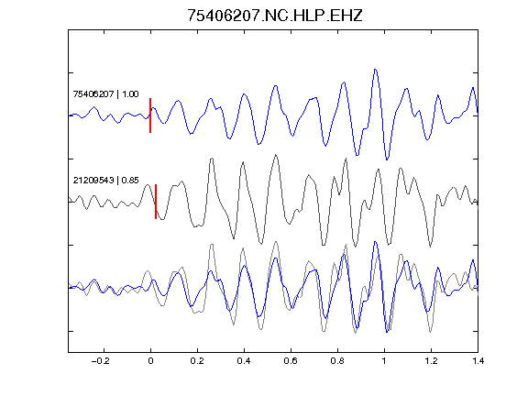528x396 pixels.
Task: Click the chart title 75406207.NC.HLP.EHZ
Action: click(275, 16)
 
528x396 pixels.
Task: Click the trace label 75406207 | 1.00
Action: click(105, 93)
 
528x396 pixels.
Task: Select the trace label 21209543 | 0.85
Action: click(105, 181)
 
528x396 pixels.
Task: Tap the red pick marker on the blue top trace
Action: click(150, 115)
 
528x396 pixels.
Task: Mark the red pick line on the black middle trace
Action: click(156, 202)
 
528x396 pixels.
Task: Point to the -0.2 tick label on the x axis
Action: click(101, 361)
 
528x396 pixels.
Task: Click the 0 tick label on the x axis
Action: click(150, 361)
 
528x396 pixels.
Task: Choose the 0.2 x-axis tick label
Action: click(197, 361)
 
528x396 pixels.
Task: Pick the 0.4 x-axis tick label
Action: click(244, 361)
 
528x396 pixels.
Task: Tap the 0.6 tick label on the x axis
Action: click(291, 361)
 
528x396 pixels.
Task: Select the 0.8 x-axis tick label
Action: click(337, 361)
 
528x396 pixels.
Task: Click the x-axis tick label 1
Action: click(384, 361)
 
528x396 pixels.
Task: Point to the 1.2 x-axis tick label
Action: click(431, 361)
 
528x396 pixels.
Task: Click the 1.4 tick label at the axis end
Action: click(478, 361)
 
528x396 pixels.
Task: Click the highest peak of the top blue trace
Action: click(375, 70)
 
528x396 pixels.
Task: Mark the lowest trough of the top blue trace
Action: click(387, 159)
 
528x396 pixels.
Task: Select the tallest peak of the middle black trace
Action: click(276, 155)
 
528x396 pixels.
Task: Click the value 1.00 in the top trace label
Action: click(130, 93)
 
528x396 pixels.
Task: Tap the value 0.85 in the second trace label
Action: click(130, 181)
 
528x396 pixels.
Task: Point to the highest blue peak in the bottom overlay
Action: click(375, 242)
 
